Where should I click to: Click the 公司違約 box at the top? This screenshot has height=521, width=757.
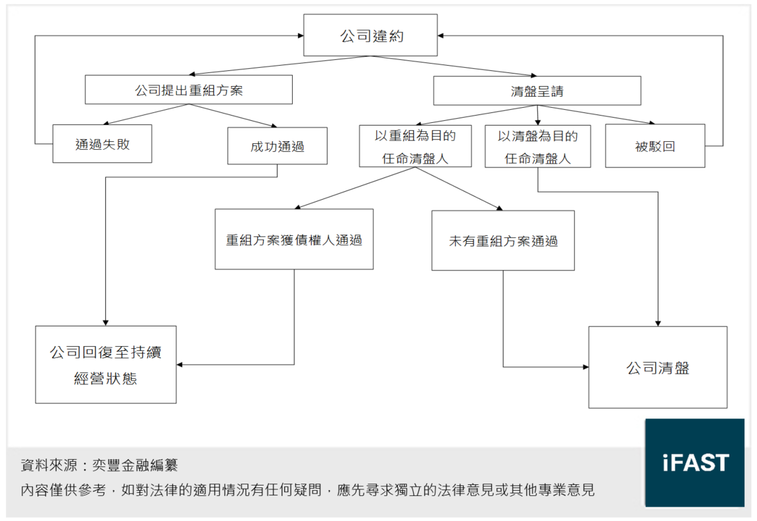point(370,35)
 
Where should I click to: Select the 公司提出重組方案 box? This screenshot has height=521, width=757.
point(189,90)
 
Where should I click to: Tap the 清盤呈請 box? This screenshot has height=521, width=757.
point(537,91)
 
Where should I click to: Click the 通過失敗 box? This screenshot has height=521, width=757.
point(102,144)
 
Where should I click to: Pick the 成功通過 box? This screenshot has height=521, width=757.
point(277,146)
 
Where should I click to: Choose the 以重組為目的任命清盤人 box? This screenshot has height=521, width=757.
point(415,146)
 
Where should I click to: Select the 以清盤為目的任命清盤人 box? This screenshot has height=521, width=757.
point(537,146)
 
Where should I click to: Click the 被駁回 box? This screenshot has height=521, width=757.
point(654,146)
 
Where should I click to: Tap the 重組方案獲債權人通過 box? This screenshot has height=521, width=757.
point(294,240)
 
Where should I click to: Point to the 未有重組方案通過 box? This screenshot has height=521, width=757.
point(502,241)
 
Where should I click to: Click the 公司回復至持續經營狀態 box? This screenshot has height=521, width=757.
point(106,365)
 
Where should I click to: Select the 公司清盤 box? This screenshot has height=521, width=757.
point(658,367)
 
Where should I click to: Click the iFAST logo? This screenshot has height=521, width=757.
point(695,463)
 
